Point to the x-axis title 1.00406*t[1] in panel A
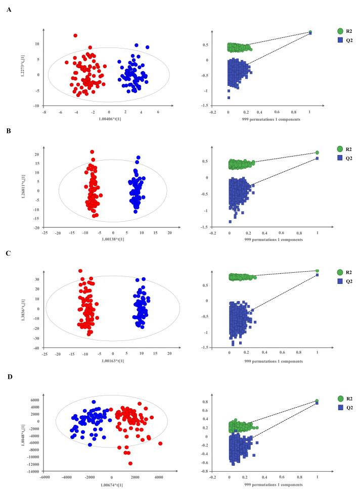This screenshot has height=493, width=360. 108,117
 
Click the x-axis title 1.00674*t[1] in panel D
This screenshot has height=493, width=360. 111,487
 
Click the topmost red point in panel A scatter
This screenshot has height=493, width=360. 75,36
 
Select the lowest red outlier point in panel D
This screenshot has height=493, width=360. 130,463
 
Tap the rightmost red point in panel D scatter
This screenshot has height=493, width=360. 160,443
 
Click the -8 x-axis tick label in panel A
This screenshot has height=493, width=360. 44,112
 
